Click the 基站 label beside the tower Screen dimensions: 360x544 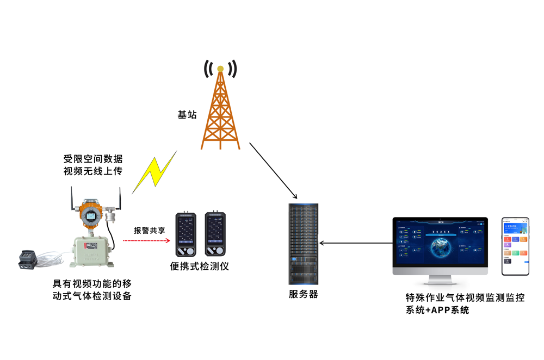(x=187, y=115)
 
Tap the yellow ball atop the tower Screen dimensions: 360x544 (x=220, y=69)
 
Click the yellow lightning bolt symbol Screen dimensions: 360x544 (x=155, y=171)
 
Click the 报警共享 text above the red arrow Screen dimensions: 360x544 (x=150, y=230)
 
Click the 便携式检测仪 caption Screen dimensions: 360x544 (x=200, y=266)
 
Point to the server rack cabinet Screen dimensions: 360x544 (x=303, y=244)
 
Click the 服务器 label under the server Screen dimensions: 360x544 (x=303, y=294)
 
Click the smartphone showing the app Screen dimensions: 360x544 (x=515, y=245)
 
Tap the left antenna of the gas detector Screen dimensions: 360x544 (x=72, y=199)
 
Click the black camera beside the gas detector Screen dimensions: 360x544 (x=27, y=258)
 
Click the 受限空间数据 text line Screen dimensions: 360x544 (x=93, y=159)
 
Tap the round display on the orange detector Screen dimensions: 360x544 (x=90, y=215)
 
